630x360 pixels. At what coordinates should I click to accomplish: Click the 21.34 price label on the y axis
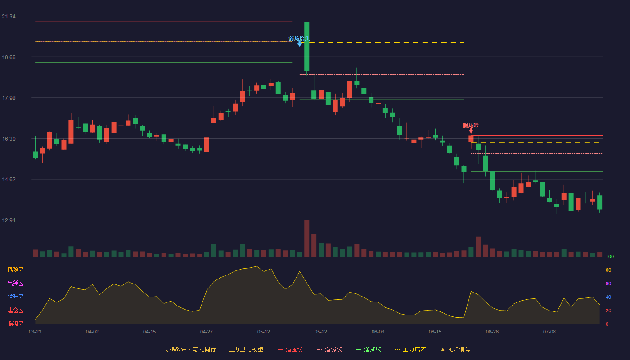[x=9, y=17]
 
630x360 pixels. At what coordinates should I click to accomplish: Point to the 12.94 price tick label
[x=9, y=220]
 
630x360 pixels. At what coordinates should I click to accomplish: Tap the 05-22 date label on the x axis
[x=320, y=332]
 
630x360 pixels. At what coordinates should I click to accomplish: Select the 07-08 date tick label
[x=549, y=332]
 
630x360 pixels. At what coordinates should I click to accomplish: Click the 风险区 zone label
[x=15, y=270]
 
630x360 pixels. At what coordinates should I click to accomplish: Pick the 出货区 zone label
[x=15, y=283]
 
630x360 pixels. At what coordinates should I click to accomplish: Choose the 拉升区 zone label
[x=15, y=297]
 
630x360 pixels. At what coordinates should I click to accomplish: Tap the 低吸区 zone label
[x=15, y=324]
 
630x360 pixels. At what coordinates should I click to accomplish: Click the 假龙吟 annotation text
[x=471, y=126]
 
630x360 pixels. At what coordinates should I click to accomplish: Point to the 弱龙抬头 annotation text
[x=299, y=39]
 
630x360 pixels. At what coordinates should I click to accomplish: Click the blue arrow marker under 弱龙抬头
[x=300, y=45]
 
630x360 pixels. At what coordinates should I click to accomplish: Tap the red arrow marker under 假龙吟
[x=471, y=131]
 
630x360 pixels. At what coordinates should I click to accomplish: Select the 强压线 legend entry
[x=290, y=349]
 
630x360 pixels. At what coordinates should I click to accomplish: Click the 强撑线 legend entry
[x=369, y=349]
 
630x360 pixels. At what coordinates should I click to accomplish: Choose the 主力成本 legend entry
[x=410, y=349]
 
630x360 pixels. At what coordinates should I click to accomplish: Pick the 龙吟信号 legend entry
[x=455, y=349]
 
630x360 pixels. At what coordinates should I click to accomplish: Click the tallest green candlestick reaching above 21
[x=306, y=47]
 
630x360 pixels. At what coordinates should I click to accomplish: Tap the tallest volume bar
[x=306, y=238]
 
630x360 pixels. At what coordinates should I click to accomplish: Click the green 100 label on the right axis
[x=610, y=256]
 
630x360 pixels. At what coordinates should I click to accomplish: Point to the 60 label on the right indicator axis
[x=608, y=283]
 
